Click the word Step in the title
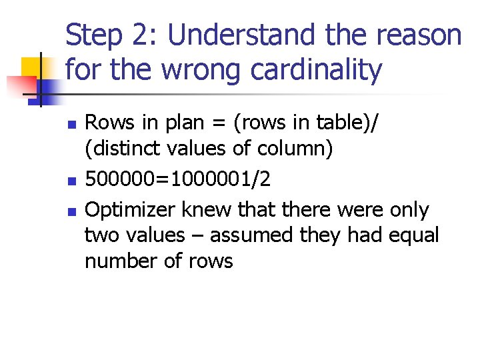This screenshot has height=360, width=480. click(94, 35)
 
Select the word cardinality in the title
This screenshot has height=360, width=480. click(317, 69)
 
